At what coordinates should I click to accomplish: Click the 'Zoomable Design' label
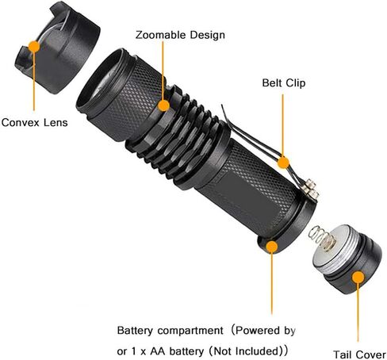(180, 35)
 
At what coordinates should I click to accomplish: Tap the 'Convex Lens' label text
(34, 123)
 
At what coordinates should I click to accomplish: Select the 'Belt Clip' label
(284, 83)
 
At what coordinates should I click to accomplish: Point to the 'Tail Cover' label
(359, 354)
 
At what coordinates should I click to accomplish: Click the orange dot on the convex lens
(34, 47)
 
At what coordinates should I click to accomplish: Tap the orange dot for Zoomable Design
(163, 105)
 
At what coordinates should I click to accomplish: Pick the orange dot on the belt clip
(283, 163)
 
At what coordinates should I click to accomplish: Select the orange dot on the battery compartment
(272, 247)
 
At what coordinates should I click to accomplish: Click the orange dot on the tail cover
(358, 278)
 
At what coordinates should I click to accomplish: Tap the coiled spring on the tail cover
(321, 237)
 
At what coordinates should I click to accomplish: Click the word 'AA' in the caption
(158, 351)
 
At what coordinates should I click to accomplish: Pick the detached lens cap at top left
(57, 48)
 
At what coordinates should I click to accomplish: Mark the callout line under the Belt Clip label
(282, 125)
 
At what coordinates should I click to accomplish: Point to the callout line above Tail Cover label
(358, 312)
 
